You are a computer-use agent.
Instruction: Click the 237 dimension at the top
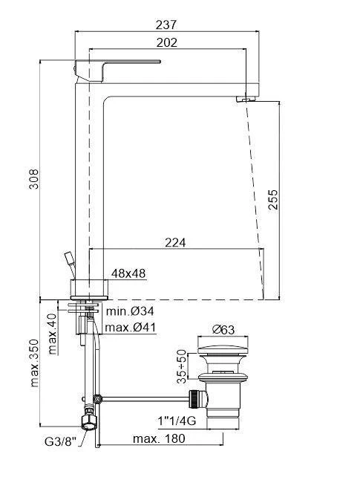coord(167,24)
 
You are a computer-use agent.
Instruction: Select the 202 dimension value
coord(167,43)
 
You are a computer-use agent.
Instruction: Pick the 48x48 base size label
coord(128,273)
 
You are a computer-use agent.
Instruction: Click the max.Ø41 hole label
coord(130,327)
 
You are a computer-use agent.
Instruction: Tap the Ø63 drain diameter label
coord(223,330)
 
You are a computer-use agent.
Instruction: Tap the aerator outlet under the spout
coord(243,98)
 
